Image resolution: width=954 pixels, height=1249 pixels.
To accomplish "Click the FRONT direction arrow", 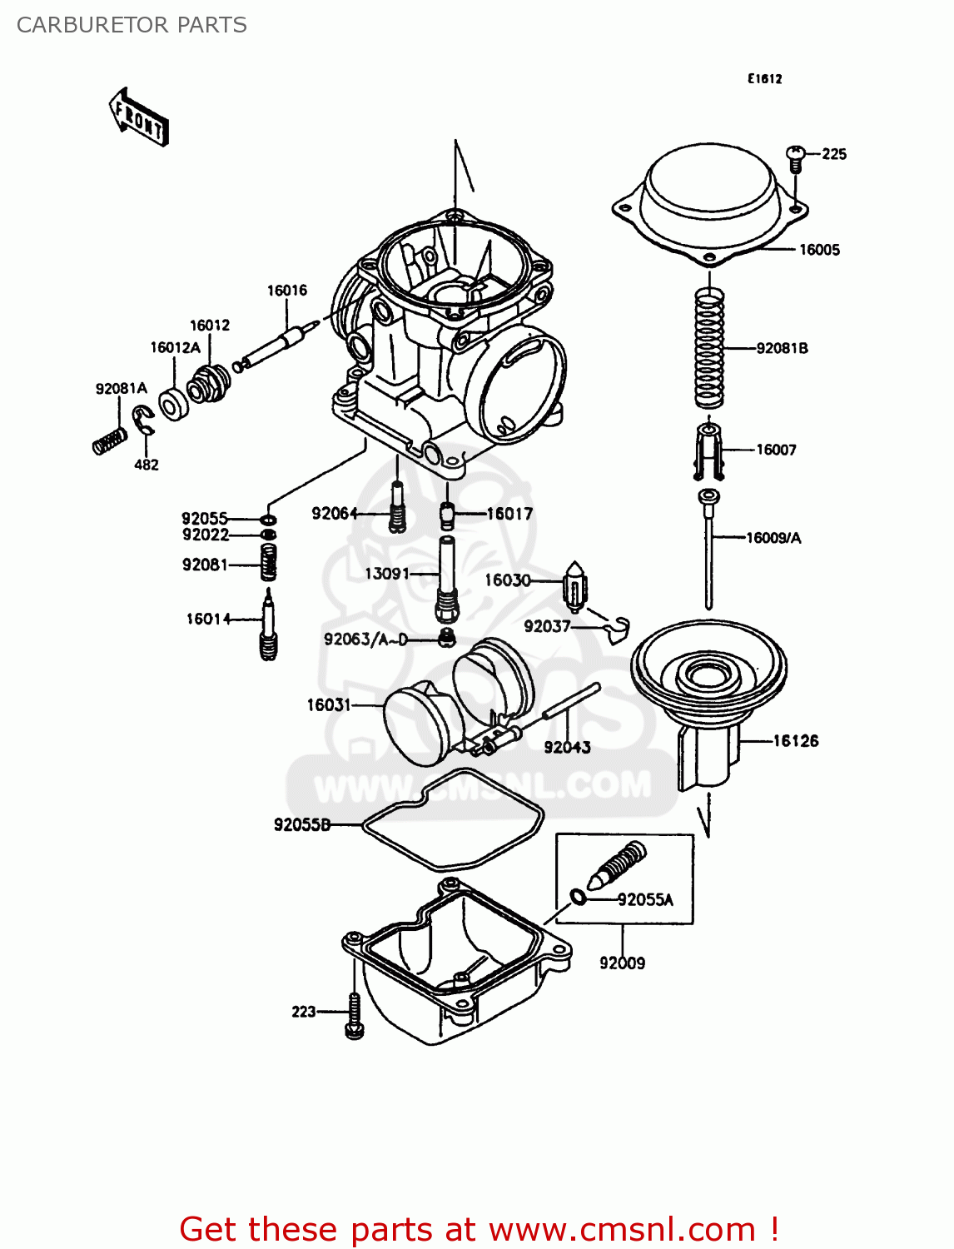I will coord(139,117).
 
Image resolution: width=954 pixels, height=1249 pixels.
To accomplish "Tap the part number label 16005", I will coord(819,250).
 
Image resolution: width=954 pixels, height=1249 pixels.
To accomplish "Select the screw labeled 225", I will coord(795,157).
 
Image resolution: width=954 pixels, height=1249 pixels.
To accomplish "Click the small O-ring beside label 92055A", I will coord(578,897).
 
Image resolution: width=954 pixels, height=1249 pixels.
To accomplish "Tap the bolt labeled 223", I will coord(353,1014).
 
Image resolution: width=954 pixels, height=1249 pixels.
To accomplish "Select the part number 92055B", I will coord(302,825).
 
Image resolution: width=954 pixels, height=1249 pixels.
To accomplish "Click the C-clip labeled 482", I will coord(144,419).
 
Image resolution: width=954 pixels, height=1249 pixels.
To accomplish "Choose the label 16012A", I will coord(175,348).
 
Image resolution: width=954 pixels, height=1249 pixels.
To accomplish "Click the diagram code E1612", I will coord(763,79).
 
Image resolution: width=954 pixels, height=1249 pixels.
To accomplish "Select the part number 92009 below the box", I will coord(622,963).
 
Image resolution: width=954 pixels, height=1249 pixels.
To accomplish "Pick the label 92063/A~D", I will coord(365,639).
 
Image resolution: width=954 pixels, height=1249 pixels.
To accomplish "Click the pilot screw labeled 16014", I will coord(268,624).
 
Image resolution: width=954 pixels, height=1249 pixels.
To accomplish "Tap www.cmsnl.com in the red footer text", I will coord(622,1230).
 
